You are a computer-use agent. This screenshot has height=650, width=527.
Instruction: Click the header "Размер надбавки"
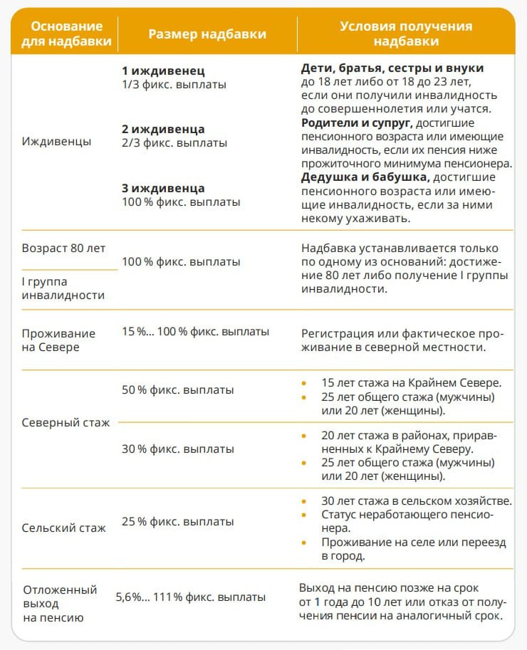pos(207,33)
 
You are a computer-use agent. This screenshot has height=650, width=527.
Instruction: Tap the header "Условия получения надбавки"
pos(406,33)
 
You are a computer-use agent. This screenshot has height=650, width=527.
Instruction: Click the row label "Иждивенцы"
pos(56,141)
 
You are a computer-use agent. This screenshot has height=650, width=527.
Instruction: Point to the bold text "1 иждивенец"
pos(163,71)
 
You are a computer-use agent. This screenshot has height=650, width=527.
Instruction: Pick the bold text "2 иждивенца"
pos(163,130)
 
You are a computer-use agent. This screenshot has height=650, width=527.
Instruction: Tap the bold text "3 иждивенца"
pos(163,189)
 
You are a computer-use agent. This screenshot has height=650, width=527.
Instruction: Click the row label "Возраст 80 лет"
pos(63,248)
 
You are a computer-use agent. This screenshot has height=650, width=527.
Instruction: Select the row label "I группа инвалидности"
pos(63,289)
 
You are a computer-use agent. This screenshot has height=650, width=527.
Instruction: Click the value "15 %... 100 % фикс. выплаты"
pos(196,332)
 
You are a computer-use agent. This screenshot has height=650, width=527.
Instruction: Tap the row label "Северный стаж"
pos(66,423)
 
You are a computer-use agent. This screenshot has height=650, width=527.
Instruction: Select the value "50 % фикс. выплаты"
pos(178,390)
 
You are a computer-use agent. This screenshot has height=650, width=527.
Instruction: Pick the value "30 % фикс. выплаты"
pos(178,449)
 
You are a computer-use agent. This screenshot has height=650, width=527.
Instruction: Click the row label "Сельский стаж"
pos(64,528)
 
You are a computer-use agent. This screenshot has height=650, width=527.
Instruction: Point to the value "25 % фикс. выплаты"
pos(178,522)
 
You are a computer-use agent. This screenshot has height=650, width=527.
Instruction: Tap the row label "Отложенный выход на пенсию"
pos(60,604)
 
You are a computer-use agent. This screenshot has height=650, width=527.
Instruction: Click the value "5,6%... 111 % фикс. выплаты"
pos(191,597)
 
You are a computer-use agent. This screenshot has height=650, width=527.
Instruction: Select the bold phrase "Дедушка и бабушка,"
pos(365,177)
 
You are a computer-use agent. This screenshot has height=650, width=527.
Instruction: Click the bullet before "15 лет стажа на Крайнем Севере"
pos(306,382)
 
